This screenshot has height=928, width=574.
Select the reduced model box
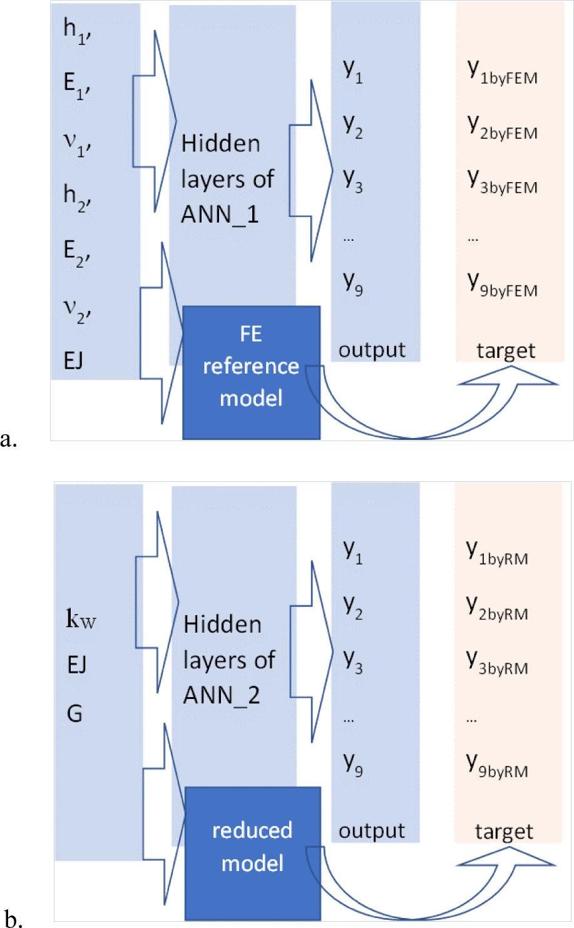(252, 847)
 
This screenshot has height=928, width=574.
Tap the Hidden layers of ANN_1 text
(228, 180)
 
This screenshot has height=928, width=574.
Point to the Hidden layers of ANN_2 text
(229, 660)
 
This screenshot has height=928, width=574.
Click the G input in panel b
(74, 713)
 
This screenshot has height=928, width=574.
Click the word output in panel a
(372, 350)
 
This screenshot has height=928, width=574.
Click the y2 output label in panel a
(353, 131)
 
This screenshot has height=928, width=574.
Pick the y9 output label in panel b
(353, 763)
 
